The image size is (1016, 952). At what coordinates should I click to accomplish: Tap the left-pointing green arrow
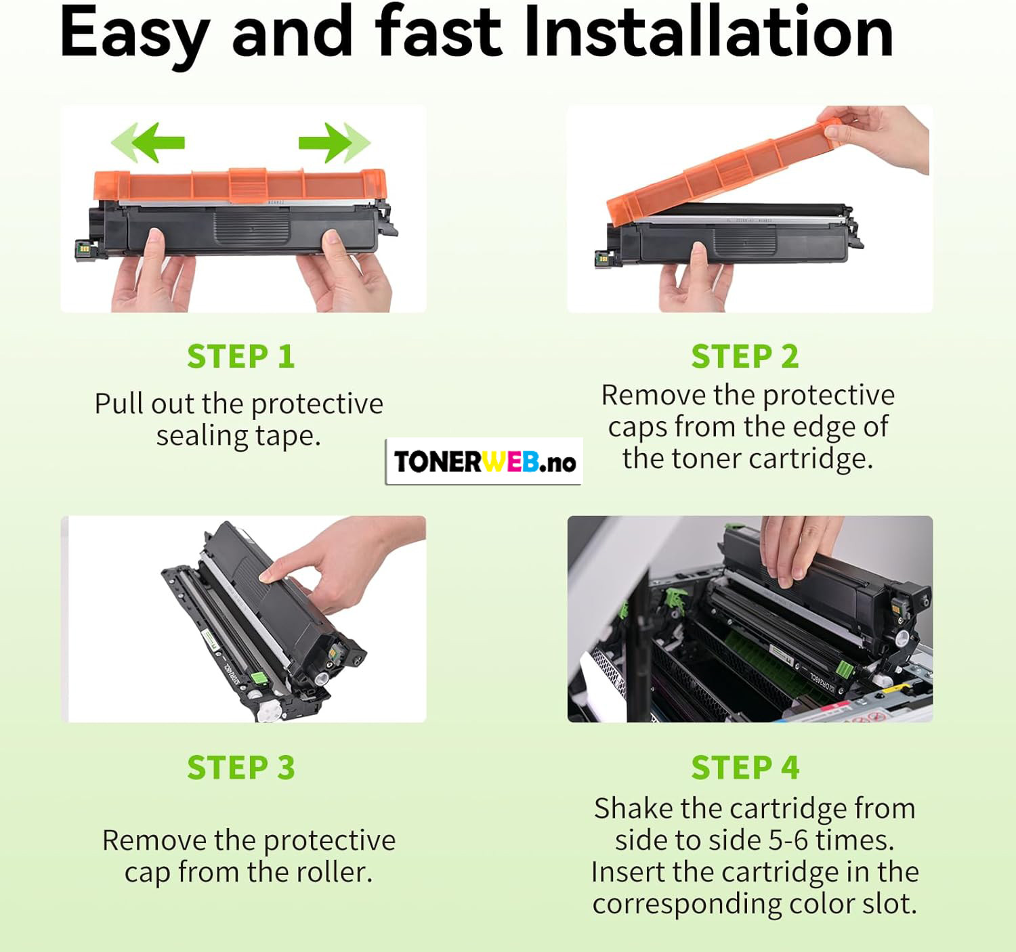148,143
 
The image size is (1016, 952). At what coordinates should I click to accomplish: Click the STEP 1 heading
241,356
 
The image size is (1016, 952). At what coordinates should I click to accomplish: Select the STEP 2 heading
745,356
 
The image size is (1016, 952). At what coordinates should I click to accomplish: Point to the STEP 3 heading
241,767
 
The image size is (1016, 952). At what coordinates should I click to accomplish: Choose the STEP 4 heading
745,767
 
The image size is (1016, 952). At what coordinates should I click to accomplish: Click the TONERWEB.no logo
484,461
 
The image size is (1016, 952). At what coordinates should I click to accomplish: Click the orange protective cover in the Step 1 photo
240,186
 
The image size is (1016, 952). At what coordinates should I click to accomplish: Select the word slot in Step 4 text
889,904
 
